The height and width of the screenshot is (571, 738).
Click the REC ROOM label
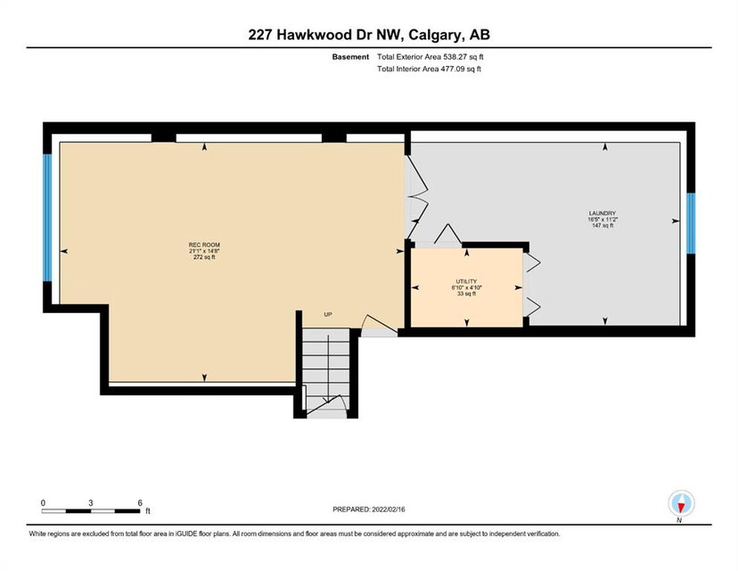pyautogui.click(x=204, y=245)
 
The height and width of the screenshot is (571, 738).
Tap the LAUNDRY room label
pyautogui.click(x=602, y=213)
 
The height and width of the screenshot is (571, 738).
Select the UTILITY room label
pyautogui.click(x=466, y=281)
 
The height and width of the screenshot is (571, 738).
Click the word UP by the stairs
pyautogui.click(x=328, y=314)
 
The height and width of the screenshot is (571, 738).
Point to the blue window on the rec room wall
pyautogui.click(x=47, y=218)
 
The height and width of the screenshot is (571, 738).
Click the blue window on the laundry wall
pyautogui.click(x=691, y=223)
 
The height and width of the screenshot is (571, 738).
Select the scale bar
pyautogui.click(x=90, y=510)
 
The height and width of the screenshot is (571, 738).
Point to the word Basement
pyautogui.click(x=350, y=57)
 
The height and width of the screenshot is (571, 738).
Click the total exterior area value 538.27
pyautogui.click(x=454, y=57)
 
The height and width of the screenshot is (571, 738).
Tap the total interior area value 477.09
pyautogui.click(x=451, y=69)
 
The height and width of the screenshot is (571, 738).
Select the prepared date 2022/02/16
pyautogui.click(x=389, y=509)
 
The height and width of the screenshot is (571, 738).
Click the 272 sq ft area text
pyautogui.click(x=204, y=257)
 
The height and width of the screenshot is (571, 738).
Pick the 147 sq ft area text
pyautogui.click(x=602, y=226)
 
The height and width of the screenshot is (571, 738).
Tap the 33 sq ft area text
pyautogui.click(x=466, y=294)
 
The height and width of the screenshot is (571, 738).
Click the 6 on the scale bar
pyautogui.click(x=140, y=502)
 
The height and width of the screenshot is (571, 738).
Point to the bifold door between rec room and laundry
pyautogui.click(x=416, y=198)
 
